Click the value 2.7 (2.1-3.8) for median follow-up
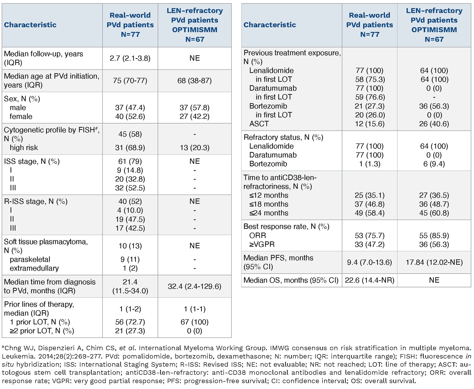tap(130, 58)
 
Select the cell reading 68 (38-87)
tap(194, 80)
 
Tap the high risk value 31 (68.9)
tap(130, 148)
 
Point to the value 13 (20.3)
tap(194, 148)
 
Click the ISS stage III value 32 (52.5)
tap(130, 188)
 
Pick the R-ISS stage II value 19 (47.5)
tap(130, 219)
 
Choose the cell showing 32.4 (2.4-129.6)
tap(194, 286)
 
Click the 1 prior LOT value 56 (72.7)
tap(130, 322)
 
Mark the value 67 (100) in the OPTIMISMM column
tap(194, 322)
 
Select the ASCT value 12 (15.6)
tap(369, 124)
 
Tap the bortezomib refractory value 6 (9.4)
tap(434, 164)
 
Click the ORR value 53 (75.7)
tap(369, 235)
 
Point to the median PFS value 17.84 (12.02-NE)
tap(434, 262)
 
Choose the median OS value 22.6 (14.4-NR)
tap(369, 280)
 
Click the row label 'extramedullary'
tap(34, 268)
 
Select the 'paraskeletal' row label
tap(30, 259)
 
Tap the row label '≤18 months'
tap(269, 204)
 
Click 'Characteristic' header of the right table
tap(270, 25)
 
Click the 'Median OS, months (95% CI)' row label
tap(291, 280)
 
